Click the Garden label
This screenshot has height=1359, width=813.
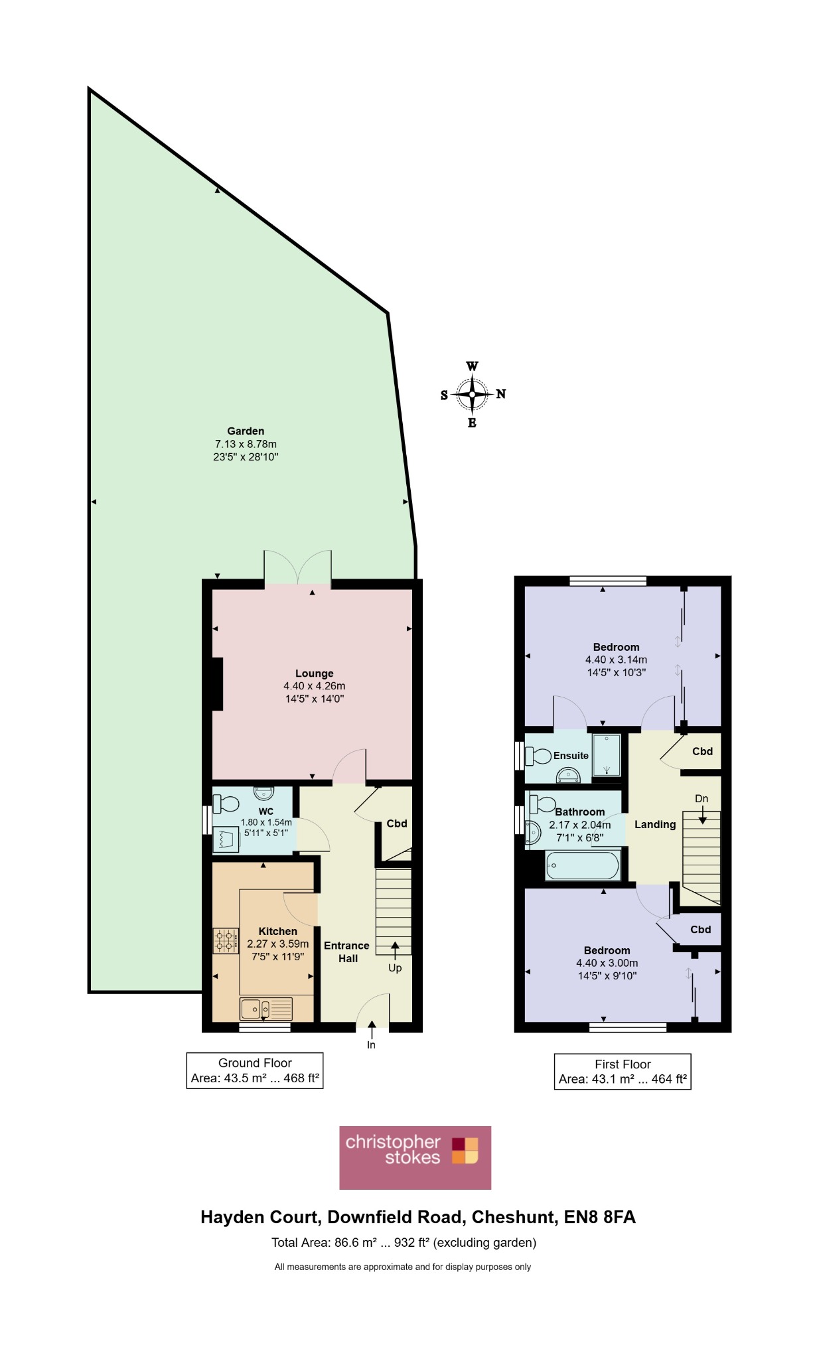pyautogui.click(x=246, y=431)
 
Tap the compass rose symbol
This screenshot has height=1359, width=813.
pyautogui.click(x=472, y=394)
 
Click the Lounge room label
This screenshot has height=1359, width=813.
pyautogui.click(x=315, y=674)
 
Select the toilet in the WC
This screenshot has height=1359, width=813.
pyautogui.click(x=226, y=804)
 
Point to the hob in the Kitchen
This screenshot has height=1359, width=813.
pyautogui.click(x=226, y=941)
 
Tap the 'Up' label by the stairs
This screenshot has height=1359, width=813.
pyautogui.click(x=395, y=968)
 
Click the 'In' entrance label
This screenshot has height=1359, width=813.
pyautogui.click(x=371, y=1045)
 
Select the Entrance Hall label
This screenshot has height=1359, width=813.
pyautogui.click(x=346, y=952)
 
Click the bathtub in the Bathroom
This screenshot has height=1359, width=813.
pyautogui.click(x=582, y=865)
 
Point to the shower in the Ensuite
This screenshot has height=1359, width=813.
pyautogui.click(x=607, y=755)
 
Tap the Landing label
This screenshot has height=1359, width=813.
pyautogui.click(x=655, y=825)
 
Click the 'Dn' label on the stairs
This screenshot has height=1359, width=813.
pyautogui.click(x=702, y=799)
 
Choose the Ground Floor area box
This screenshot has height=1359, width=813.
pyautogui.click(x=255, y=1070)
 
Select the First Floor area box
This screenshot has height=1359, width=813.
pyautogui.click(x=623, y=1072)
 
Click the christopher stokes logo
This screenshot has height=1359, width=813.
pyautogui.click(x=415, y=1157)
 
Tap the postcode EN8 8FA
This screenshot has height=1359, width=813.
pyautogui.click(x=600, y=1217)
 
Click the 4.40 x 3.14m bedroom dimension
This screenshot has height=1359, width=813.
pyautogui.click(x=616, y=660)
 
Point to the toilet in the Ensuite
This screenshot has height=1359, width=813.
pyautogui.click(x=538, y=756)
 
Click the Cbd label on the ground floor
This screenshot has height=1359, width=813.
pyautogui.click(x=397, y=823)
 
